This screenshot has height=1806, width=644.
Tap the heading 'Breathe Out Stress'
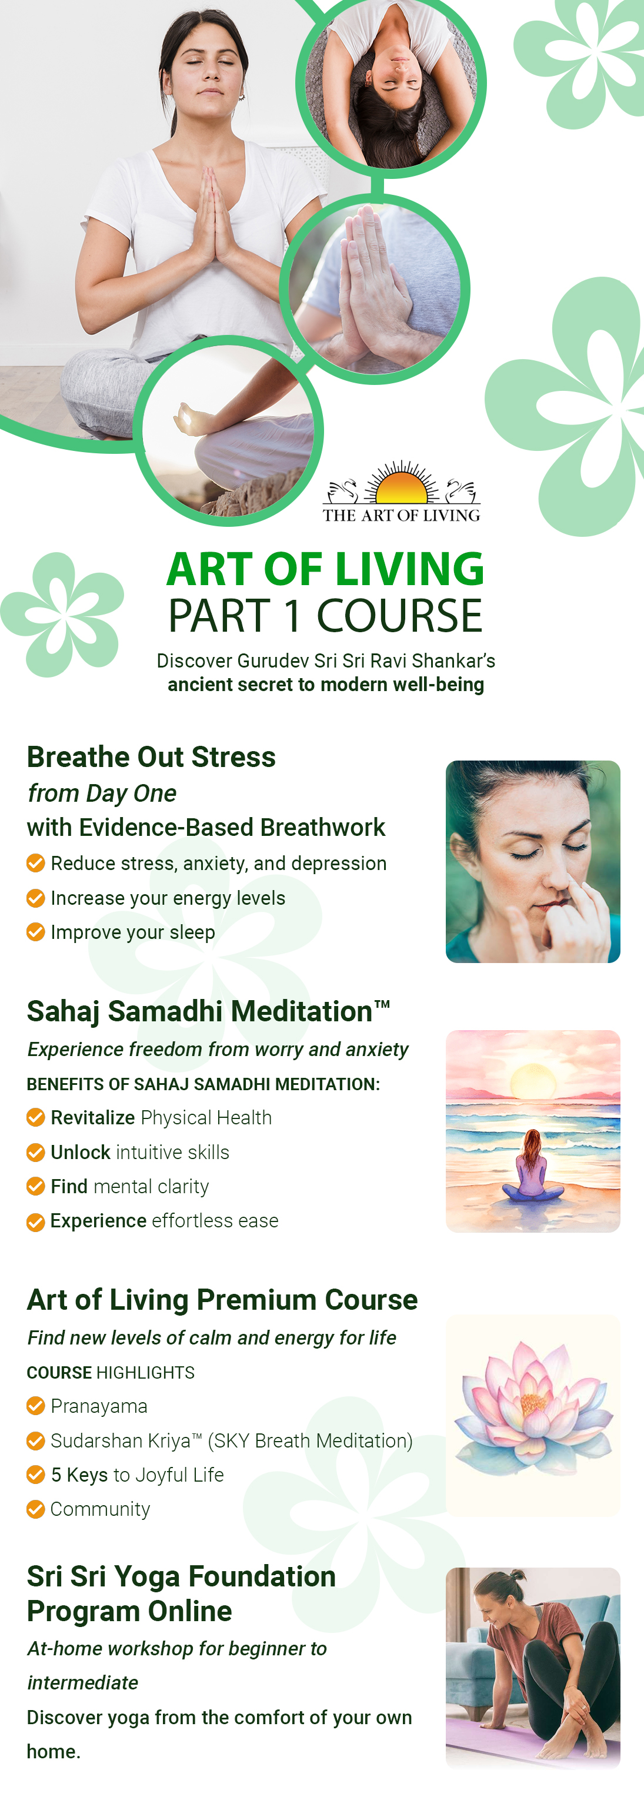click(151, 757)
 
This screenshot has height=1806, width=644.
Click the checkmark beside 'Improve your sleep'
click(36, 932)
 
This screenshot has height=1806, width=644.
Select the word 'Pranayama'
click(99, 1406)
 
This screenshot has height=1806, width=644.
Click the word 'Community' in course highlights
click(100, 1509)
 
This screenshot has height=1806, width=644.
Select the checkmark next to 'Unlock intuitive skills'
click(36, 1152)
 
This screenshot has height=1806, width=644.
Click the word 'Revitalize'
click(92, 1117)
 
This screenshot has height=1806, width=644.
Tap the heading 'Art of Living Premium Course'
click(222, 1300)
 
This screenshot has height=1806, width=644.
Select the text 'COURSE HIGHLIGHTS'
click(111, 1372)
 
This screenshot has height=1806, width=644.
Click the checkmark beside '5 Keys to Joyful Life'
click(36, 1475)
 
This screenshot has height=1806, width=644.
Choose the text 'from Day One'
click(102, 794)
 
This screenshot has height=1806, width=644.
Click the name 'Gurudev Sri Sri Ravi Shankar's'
click(366, 660)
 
